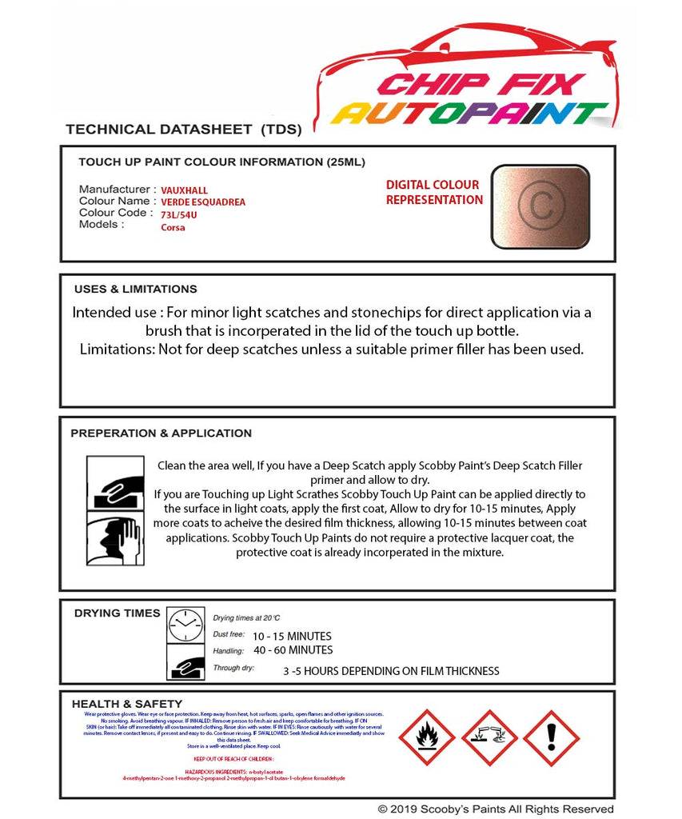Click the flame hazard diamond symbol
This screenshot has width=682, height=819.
tap(426, 737)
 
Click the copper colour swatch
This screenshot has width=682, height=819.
tap(540, 206)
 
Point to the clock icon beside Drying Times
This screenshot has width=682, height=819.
tap(185, 624)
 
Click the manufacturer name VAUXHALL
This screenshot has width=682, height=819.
tap(184, 190)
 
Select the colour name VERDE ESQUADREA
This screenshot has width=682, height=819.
tap(203, 202)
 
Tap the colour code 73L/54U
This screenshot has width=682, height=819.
tap(180, 214)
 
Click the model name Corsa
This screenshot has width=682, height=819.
tap(173, 227)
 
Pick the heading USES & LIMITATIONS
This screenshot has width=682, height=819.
tap(135, 289)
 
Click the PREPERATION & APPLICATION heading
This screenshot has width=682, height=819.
tap(161, 433)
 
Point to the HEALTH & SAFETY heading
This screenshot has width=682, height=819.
tap(127, 704)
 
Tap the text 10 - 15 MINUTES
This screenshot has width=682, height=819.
tap(291, 636)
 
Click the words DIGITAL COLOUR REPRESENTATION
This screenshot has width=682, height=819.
tap(434, 192)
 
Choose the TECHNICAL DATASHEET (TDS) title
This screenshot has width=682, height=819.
tap(183, 129)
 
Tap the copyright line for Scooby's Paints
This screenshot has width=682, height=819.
tap(496, 809)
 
